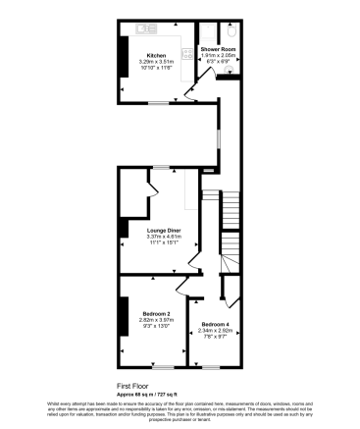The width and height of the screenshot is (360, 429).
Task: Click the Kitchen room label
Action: point(155,55)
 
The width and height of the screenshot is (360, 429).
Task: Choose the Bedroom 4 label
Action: point(215,324)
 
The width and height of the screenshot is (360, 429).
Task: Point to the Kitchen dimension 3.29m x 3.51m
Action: point(155,61)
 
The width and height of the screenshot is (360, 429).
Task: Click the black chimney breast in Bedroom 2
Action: point(123,319)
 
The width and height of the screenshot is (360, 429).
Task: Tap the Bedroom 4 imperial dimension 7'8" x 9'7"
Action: point(215,337)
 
